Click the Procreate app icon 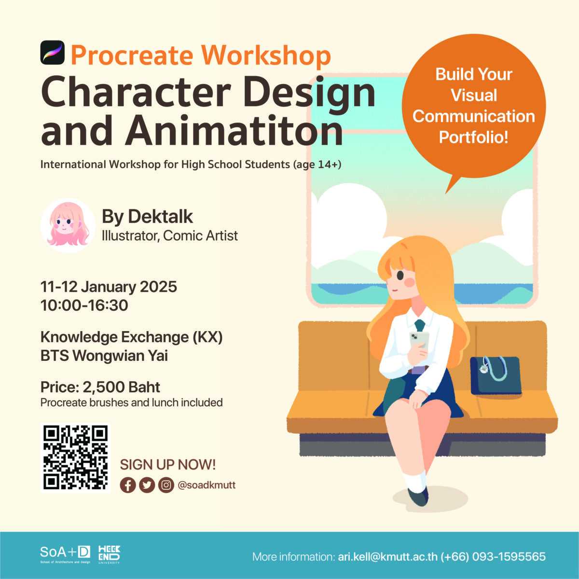click(52, 53)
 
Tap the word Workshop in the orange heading click(266, 55)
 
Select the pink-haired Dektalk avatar click(68, 225)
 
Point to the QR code click(75, 458)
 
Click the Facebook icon click(128, 485)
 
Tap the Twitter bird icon click(147, 485)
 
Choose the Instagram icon click(166, 485)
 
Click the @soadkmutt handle click(207, 485)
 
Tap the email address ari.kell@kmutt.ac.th click(387, 557)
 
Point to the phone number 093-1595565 click(509, 556)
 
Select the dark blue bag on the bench click(496, 375)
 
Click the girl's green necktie click(419, 326)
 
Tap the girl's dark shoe click(418, 497)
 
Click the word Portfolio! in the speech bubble click(473, 138)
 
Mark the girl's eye click(400, 275)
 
